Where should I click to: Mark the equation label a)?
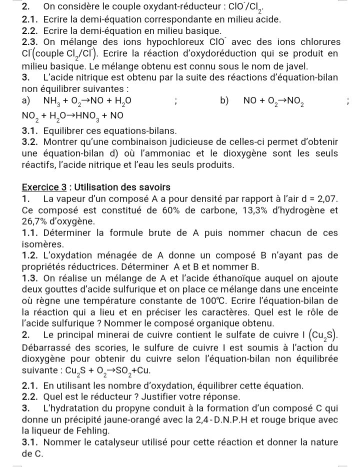27,100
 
